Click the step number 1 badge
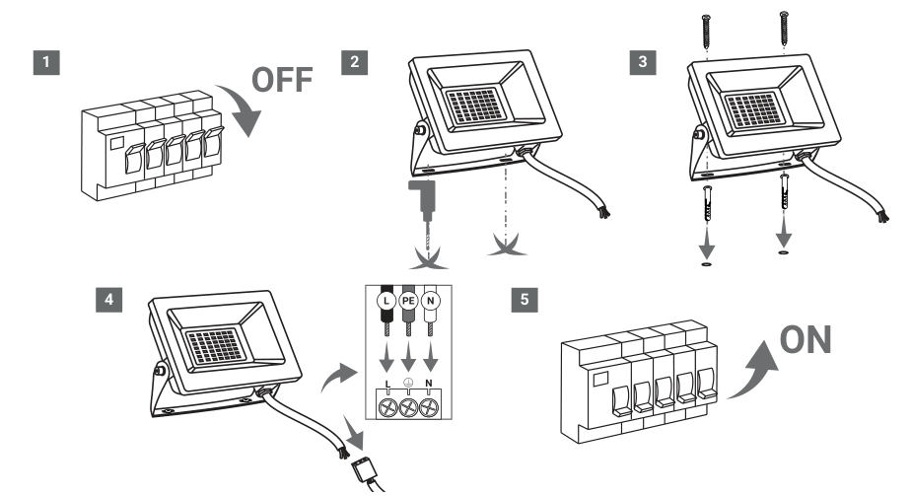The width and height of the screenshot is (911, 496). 46,62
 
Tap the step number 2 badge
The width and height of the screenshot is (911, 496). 354,62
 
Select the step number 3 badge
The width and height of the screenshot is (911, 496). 643,62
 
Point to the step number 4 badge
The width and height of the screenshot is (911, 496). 108,300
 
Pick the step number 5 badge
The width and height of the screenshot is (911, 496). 525,300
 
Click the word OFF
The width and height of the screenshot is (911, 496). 282,80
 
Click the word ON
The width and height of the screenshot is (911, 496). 806,340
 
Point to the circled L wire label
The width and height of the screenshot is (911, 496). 386,301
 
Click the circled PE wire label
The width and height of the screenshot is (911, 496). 408,301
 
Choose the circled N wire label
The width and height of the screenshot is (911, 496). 431,301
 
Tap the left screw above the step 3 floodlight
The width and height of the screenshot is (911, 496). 707,32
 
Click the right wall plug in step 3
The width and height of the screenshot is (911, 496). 785,191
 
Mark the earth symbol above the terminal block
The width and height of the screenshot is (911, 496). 408,383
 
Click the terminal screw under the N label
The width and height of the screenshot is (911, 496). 430,407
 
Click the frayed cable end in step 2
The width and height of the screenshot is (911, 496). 603,211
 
